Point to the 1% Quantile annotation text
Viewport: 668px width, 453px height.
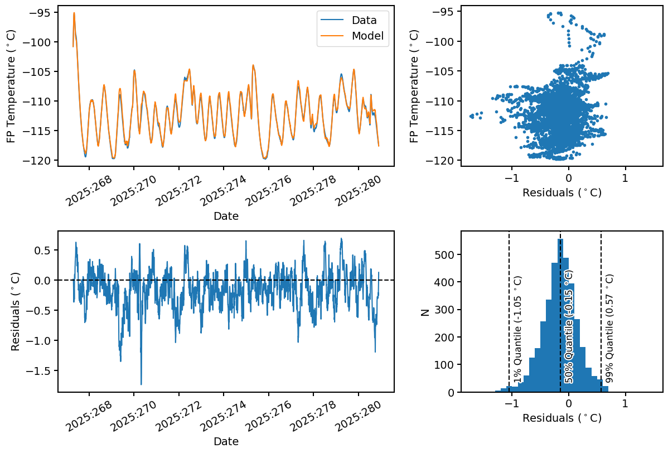517,329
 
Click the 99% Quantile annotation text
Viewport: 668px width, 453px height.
609,329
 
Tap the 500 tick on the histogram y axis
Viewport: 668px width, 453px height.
447,255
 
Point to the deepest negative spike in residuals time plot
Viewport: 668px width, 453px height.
141,383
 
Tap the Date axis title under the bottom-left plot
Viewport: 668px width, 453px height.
226,441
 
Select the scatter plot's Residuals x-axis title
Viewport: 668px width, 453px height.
561,192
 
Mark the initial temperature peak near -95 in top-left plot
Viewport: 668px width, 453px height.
74,13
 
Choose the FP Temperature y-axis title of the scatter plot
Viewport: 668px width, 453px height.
414,86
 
